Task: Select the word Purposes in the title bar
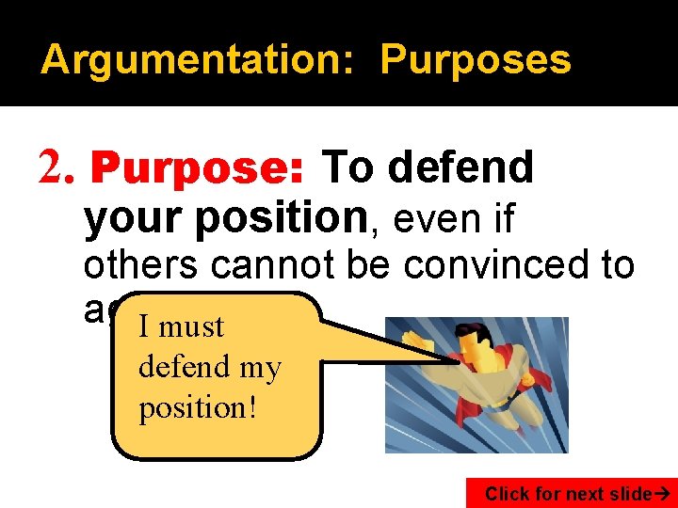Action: (x=476, y=60)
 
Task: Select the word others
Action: (x=142, y=265)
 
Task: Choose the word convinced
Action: (x=501, y=265)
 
